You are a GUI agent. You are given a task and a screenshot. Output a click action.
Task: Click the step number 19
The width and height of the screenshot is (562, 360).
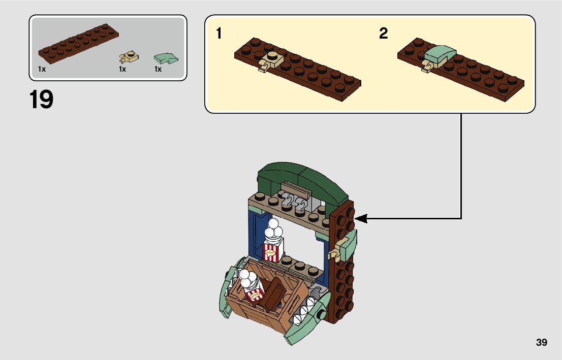(x=41, y=100)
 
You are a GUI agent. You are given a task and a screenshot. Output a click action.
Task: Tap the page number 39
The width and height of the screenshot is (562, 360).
(x=541, y=342)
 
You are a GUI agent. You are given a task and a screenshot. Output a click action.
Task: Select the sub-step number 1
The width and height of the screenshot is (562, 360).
(x=218, y=34)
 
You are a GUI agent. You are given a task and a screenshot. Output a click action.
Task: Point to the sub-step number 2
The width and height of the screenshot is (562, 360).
(x=383, y=34)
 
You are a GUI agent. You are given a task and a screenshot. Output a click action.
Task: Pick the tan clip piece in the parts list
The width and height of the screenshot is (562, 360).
(x=129, y=56)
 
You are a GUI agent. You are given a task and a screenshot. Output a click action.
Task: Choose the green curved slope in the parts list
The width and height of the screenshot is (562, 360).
(x=166, y=57)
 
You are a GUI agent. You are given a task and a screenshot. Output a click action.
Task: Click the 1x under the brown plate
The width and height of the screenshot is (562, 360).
(x=42, y=70)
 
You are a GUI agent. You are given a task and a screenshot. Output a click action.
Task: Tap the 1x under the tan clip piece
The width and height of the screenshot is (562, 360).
(x=122, y=70)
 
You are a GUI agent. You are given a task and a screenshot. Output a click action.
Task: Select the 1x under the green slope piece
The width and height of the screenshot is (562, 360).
(x=158, y=70)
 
